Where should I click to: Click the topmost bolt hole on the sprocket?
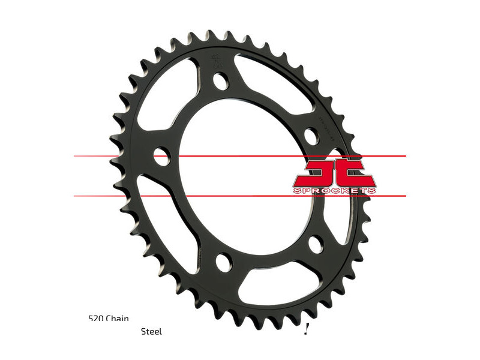tap(221, 80)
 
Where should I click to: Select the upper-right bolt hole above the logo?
tap(311, 136)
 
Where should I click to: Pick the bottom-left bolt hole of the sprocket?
tap(222, 262)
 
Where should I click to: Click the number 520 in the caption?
tap(95, 319)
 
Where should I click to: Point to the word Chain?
tap(117, 319)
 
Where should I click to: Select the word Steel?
tap(151, 331)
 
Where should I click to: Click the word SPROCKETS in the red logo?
tap(335, 190)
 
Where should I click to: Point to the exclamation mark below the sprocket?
tap(306, 328)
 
